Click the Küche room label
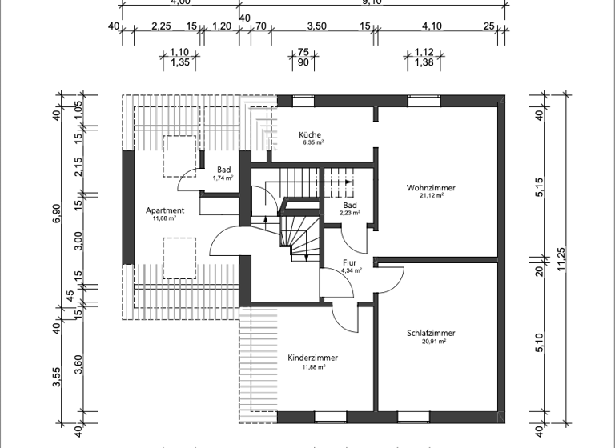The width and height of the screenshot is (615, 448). [311, 134]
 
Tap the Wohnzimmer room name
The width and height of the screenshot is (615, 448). [431, 188]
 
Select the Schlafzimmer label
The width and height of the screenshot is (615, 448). [431, 333]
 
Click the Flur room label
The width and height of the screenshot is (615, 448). [349, 262]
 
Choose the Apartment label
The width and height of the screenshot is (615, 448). [165, 210]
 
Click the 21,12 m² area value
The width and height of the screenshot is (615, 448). [431, 197]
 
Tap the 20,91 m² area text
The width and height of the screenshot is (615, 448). [431, 342]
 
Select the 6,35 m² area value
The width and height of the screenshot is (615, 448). [312, 143]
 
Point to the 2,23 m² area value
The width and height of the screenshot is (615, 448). [350, 214]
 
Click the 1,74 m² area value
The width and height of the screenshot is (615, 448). [223, 178]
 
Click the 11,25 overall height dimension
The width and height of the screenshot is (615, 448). [561, 262]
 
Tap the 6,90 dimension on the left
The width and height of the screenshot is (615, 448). [57, 216]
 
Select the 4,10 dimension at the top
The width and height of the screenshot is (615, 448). [432, 26]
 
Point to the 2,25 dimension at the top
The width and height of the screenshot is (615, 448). [161, 26]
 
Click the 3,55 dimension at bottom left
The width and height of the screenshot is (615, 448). [57, 378]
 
